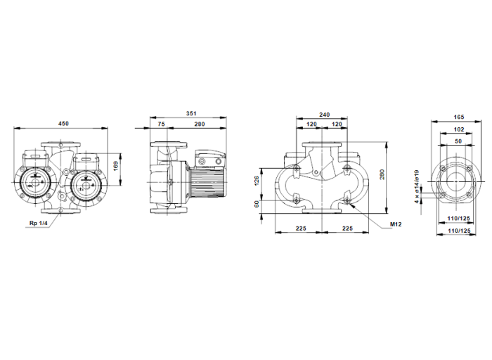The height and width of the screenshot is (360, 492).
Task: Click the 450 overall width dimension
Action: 63,124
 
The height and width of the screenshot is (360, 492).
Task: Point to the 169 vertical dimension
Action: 126,167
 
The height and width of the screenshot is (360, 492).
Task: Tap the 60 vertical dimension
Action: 257,204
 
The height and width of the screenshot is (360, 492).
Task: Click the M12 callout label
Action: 395,224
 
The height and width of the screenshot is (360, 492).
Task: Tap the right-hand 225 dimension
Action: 347,227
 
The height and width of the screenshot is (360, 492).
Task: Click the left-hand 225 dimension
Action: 299,227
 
